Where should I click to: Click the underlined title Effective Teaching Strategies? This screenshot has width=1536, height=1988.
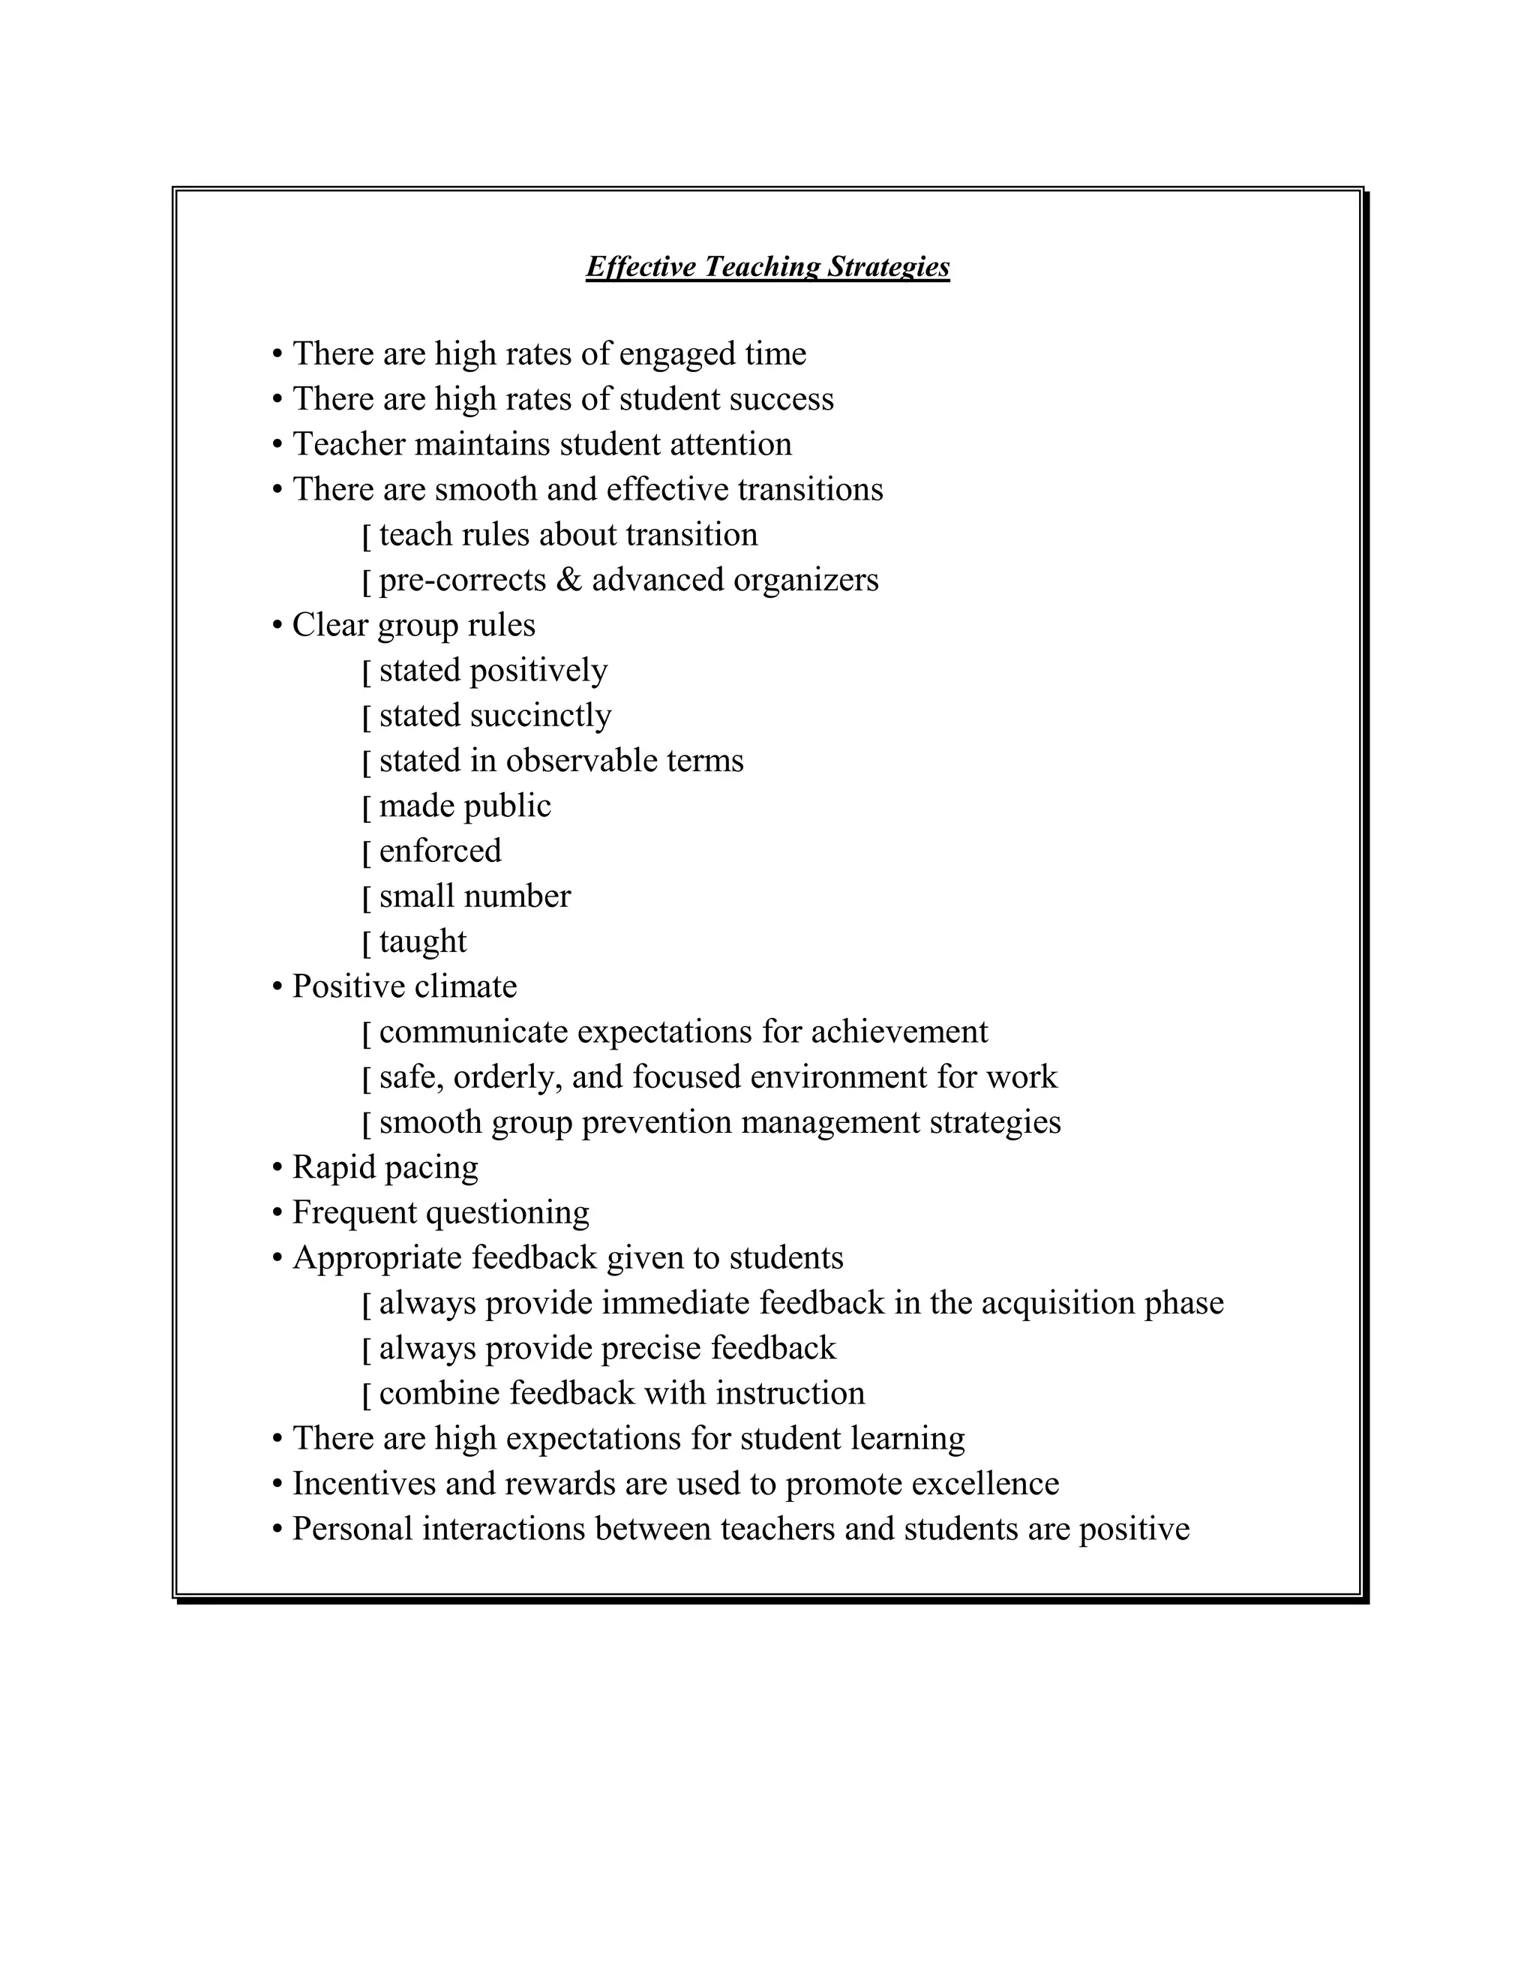[767, 267]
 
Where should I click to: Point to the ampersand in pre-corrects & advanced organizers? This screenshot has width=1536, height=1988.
[568, 580]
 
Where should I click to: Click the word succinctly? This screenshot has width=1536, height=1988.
[541, 716]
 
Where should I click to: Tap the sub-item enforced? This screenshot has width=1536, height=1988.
[439, 851]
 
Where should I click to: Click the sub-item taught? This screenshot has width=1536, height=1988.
[422, 941]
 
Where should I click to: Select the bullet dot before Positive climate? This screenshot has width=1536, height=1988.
[277, 989]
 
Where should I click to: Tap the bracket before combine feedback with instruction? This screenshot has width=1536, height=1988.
[367, 1395]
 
